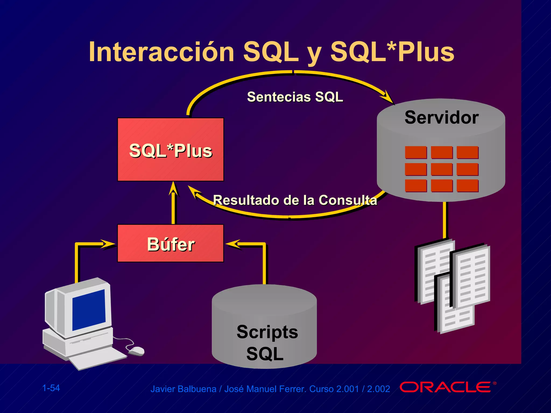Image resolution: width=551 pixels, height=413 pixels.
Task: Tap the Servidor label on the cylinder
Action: pyautogui.click(x=441, y=118)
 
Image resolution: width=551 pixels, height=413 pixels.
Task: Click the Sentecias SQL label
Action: pyautogui.click(x=295, y=97)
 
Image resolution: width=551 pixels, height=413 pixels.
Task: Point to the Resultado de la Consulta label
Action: pyautogui.click(x=295, y=200)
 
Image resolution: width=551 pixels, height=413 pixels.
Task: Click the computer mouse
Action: pyautogui.click(x=136, y=351)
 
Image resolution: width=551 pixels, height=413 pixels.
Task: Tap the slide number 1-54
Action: pyautogui.click(x=51, y=388)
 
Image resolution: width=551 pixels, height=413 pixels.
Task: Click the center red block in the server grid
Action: pyautogui.click(x=441, y=169)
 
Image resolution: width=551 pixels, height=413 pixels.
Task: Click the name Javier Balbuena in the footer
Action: pyautogui.click(x=183, y=389)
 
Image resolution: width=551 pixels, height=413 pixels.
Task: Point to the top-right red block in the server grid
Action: pyautogui.click(x=467, y=152)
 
